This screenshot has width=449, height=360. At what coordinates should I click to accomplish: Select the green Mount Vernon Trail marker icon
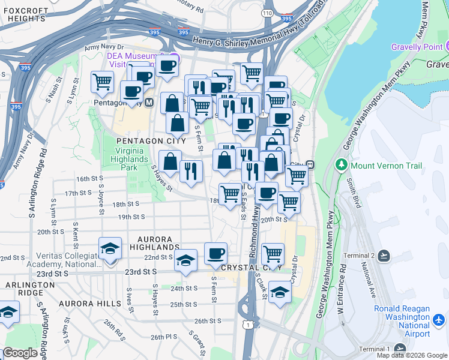click(342, 165)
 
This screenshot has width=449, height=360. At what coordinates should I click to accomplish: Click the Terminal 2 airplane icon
click(384, 256)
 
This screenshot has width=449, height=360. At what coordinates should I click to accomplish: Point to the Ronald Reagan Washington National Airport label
click(402, 321)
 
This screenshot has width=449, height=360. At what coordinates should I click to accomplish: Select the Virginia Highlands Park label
click(129, 160)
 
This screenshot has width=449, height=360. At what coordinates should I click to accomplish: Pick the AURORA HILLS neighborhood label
click(89, 304)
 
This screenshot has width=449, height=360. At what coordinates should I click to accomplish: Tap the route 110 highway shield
click(266, 12)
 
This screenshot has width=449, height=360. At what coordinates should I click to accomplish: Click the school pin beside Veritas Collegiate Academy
click(110, 248)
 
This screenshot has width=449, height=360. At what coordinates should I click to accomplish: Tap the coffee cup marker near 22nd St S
click(215, 253)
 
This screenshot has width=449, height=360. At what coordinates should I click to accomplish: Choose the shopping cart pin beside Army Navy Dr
click(102, 81)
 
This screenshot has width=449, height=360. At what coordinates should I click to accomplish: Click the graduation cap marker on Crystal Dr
click(280, 292)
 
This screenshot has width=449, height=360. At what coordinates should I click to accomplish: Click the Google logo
click(20, 353)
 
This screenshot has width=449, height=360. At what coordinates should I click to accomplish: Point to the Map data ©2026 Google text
click(412, 355)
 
